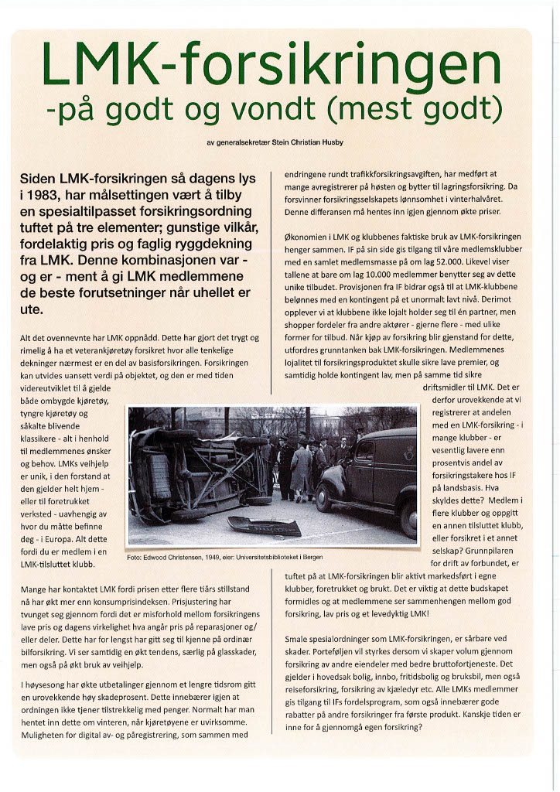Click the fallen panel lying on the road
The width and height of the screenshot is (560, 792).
click(x=265, y=526)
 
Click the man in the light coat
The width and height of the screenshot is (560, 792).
click(x=301, y=468)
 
